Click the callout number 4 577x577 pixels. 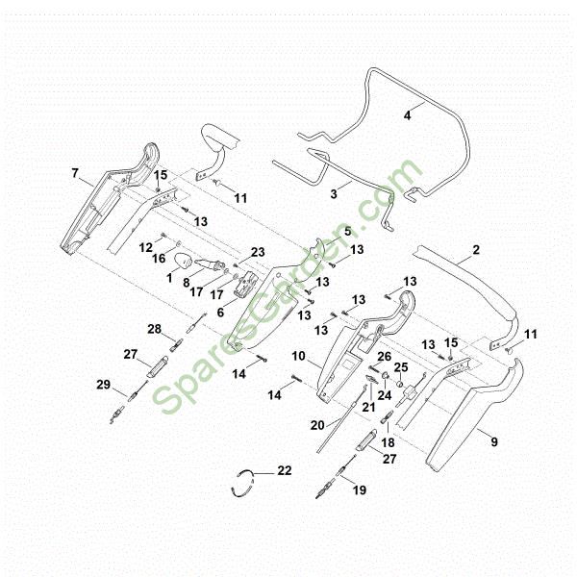[x=407, y=115]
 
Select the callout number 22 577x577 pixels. [x=285, y=470]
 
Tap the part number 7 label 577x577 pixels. [x=75, y=172]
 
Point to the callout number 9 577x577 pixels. [x=494, y=441]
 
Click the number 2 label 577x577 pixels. [x=476, y=250]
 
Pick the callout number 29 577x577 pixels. [x=104, y=385]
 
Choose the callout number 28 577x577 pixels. [x=155, y=329]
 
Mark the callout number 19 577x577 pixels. [x=360, y=490]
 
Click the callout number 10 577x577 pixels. [x=299, y=356]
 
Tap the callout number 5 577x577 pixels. [x=348, y=232]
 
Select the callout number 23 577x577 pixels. [x=258, y=252]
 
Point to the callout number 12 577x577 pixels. [x=146, y=248]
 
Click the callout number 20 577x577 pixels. [x=317, y=425]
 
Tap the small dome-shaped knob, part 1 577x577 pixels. [x=183, y=262]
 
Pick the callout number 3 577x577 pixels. [x=334, y=194]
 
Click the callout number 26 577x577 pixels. [x=385, y=356]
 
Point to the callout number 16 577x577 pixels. [x=159, y=259]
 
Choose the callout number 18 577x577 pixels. [x=389, y=442]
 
